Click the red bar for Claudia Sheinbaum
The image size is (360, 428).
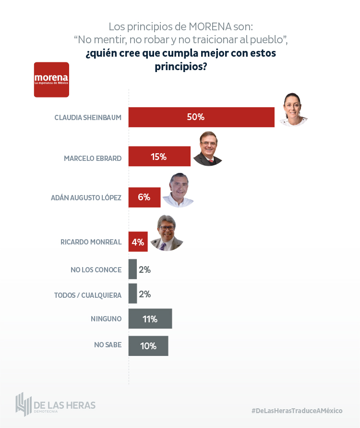[x=201, y=117]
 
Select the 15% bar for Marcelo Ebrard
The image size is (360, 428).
[x=159, y=157]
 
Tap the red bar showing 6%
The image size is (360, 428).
[x=144, y=197]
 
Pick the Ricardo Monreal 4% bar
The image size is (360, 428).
[x=138, y=242]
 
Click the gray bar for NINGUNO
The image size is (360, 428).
[x=150, y=318]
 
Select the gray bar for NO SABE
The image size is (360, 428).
[x=148, y=345]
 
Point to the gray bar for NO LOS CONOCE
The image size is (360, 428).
[x=132, y=269]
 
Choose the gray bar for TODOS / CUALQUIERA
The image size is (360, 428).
[x=132, y=294]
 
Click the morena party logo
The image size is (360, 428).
[x=51, y=80]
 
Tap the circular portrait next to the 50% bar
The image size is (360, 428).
[x=293, y=110]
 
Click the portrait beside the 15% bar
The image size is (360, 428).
[x=208, y=148]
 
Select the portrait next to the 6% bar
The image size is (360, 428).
[x=178, y=190]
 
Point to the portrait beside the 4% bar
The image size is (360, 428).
[x=167, y=233]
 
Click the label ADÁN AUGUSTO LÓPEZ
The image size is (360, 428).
[x=86, y=197]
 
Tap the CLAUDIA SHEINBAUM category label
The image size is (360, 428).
[x=88, y=118]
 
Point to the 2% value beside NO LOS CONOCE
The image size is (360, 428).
[x=144, y=270]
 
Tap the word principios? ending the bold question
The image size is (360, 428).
[x=180, y=67]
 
